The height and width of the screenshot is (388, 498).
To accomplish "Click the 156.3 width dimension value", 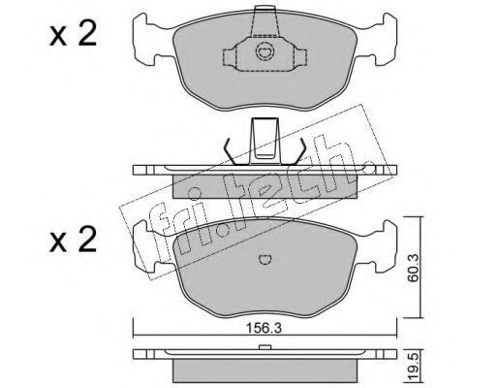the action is pyautogui.click(x=265, y=328).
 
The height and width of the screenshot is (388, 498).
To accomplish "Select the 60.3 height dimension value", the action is pyautogui.click(x=413, y=268).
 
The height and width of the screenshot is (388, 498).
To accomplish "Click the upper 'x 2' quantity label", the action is pyautogui.click(x=74, y=35).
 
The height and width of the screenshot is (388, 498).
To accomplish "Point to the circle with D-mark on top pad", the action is pyautogui.click(x=265, y=52).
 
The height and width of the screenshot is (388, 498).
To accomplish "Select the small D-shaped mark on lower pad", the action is pyautogui.click(x=265, y=259).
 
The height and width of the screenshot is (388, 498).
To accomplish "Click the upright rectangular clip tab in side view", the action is pyautogui.click(x=265, y=141).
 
